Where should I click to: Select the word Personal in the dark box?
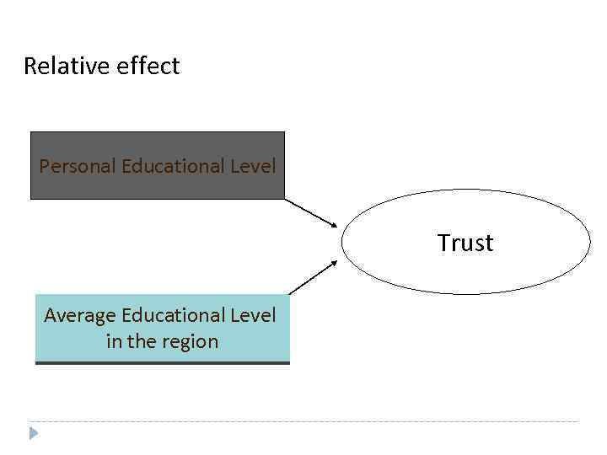pos(78,165)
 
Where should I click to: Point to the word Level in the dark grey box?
pos(254,165)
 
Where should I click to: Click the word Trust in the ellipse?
pos(465,243)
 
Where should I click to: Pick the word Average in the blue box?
pos(80,316)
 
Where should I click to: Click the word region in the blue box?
pos(191,341)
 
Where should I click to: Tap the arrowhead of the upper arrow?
pos(333,224)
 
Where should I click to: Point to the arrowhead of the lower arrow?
pos(333,262)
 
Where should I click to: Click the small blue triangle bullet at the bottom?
pos(33,434)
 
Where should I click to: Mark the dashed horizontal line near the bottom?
pos(303,421)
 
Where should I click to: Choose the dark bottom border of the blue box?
pos(162,362)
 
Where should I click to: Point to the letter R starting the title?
pos(30,66)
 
